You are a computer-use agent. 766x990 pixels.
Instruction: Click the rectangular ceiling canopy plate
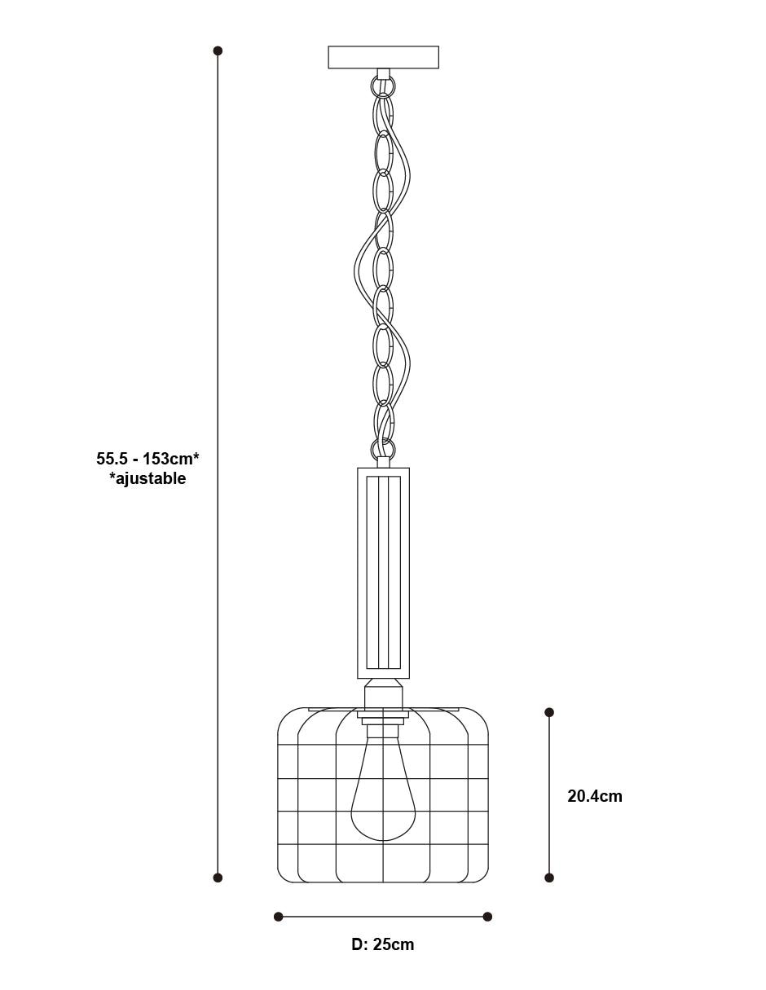tap(383, 57)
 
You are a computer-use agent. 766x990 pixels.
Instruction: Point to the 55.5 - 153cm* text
tap(147, 458)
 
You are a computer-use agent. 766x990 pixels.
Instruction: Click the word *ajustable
tap(147, 478)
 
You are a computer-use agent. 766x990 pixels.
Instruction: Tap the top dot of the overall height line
tap(218, 51)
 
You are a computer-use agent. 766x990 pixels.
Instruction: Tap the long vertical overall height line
tap(218, 464)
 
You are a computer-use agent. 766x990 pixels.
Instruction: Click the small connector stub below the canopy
tap(383, 74)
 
